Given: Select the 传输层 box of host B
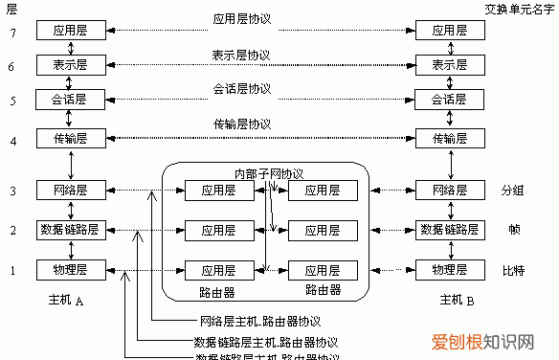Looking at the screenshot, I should (x=449, y=140).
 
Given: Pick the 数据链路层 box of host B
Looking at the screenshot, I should (x=449, y=230).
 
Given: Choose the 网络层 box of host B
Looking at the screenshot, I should (x=449, y=191).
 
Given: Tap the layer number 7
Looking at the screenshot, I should (x=11, y=32).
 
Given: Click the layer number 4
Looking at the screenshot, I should (x=11, y=140).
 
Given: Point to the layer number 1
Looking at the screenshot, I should (x=11, y=270).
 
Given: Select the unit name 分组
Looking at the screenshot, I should (x=512, y=191).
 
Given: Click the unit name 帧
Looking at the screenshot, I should (x=513, y=231).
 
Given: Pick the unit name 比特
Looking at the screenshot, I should (x=512, y=270).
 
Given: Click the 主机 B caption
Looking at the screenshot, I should (x=458, y=301).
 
